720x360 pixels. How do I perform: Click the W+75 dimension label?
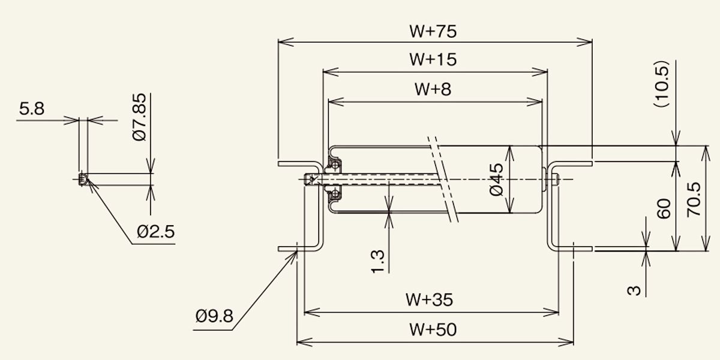click(x=433, y=31)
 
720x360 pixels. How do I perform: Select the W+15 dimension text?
click(x=433, y=59)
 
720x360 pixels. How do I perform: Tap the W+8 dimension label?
click(x=433, y=89)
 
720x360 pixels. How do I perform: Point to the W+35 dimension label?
click(x=429, y=299)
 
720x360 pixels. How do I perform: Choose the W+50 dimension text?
click(x=433, y=329)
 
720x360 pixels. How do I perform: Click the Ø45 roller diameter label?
click(x=496, y=179)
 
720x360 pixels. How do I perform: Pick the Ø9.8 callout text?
click(x=214, y=316)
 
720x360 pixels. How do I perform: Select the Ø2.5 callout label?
click(x=156, y=232)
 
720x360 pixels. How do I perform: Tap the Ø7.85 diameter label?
click(x=139, y=117)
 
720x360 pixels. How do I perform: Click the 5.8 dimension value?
click(x=31, y=109)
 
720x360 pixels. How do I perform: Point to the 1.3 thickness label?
click(x=377, y=262)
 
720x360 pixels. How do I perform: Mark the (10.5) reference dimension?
click(x=661, y=83)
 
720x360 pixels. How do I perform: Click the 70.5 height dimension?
click(x=694, y=199)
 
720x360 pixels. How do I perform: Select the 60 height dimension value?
click(x=664, y=209)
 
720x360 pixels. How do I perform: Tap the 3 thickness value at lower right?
click(x=634, y=290)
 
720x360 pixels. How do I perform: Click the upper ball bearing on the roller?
click(x=335, y=166)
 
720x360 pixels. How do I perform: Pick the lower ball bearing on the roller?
click(x=335, y=194)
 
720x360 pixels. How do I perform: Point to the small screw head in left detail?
click(x=83, y=179)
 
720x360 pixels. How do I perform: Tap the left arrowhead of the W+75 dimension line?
click(x=286, y=42)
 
